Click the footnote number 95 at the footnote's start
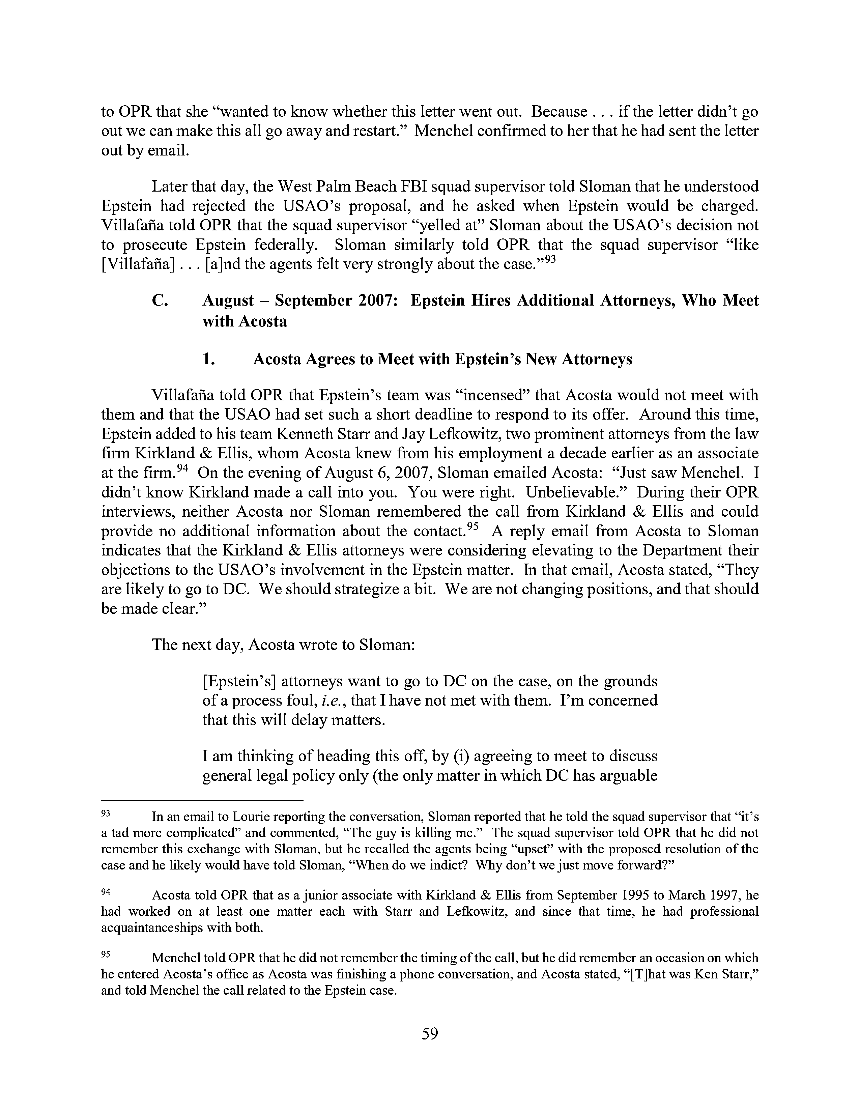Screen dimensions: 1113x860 tap(106, 955)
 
